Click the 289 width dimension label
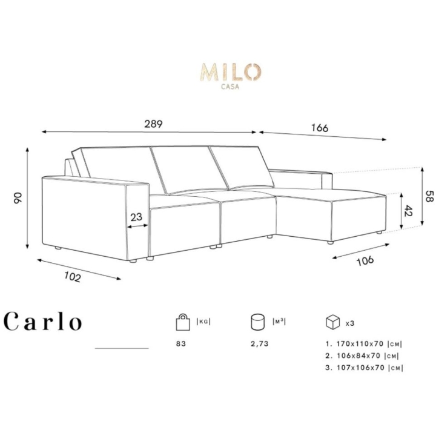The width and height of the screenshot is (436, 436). [x=153, y=124]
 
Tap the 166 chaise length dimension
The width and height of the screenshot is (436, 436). [x=320, y=127]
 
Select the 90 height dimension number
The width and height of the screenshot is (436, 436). [x=17, y=197]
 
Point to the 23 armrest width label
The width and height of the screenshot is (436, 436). [x=136, y=217]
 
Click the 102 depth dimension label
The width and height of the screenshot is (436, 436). [x=73, y=276]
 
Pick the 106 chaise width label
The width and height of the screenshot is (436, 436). [x=365, y=261]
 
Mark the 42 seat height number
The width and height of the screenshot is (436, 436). [x=408, y=211]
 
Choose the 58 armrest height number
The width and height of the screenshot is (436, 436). [x=429, y=196]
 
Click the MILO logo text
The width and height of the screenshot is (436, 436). [x=231, y=72]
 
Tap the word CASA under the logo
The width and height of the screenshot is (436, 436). [x=230, y=87]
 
